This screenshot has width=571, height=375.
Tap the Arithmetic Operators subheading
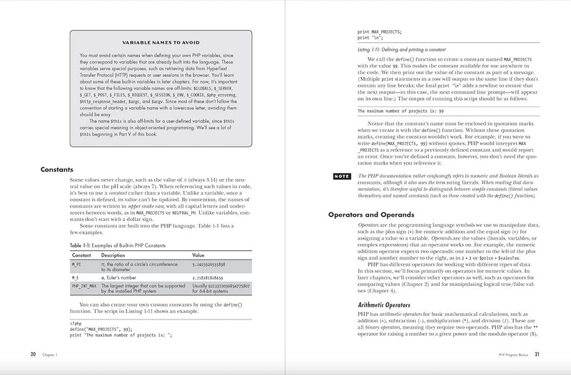[x=388, y=306]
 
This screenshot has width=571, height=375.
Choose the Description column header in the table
[x=113, y=254]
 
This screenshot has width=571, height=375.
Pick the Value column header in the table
[x=198, y=254]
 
